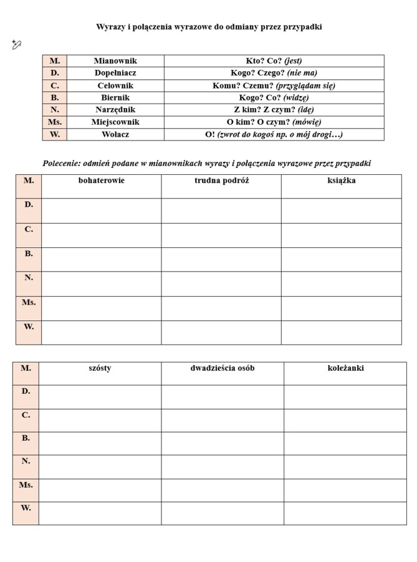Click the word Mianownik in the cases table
click(x=115, y=61)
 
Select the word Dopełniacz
click(x=115, y=73)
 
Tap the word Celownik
click(x=115, y=86)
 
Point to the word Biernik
click(x=115, y=97)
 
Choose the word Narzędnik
click(x=115, y=110)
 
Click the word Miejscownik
click(x=115, y=122)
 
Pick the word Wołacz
click(x=115, y=134)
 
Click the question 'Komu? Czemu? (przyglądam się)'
click(x=274, y=86)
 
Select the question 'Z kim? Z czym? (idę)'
click(x=274, y=110)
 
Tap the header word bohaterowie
click(x=101, y=180)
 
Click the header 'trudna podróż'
click(x=221, y=180)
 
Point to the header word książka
click(x=341, y=180)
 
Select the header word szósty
click(x=100, y=368)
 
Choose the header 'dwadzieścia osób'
click(x=223, y=368)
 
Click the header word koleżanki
click(x=345, y=368)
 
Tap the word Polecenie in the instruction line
click(x=61, y=164)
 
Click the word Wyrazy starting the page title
click(x=110, y=27)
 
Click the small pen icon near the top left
click(x=16, y=44)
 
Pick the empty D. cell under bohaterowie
click(x=101, y=210)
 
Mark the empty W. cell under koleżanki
click(x=345, y=513)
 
